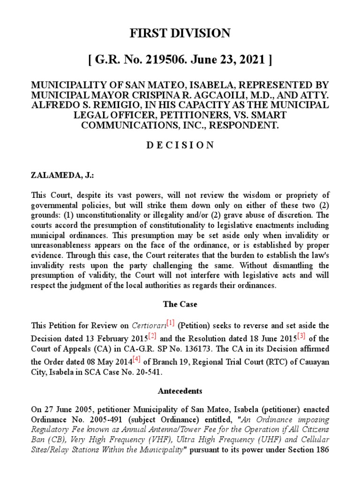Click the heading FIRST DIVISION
click(180, 33)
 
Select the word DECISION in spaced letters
click(180, 145)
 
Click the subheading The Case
click(180, 304)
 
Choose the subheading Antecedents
click(180, 390)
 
